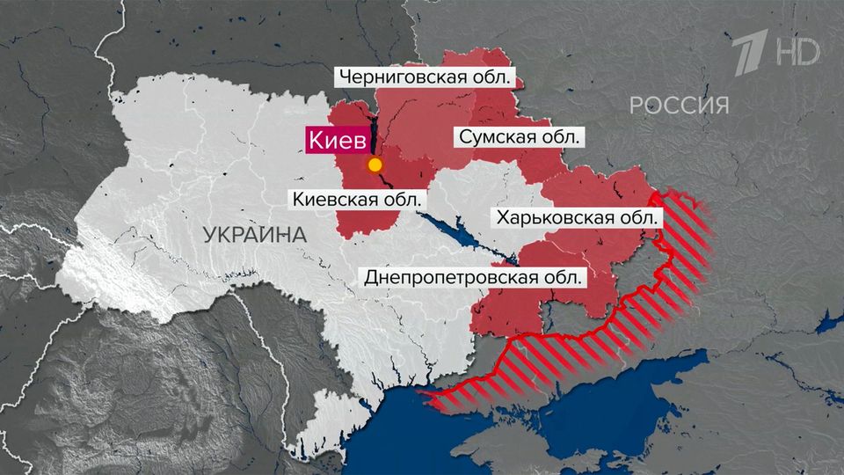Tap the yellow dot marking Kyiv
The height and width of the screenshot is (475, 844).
point(375,164)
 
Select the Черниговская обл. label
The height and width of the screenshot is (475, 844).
point(423,77)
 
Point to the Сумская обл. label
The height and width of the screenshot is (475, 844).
point(519,138)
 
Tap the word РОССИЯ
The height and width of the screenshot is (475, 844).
point(679,106)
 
